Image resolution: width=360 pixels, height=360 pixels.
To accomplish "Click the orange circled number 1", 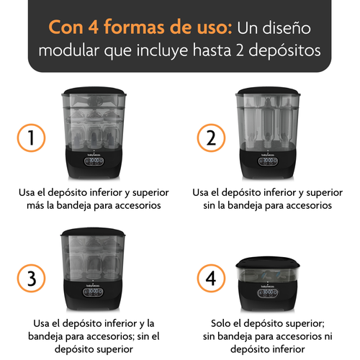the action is pyautogui.click(x=31, y=138).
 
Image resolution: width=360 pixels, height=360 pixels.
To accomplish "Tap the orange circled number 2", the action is pyautogui.click(x=211, y=138).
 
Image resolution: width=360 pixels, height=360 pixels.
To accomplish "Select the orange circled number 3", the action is pyautogui.click(x=31, y=279).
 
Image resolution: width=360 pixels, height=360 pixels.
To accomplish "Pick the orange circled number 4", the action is pyautogui.click(x=211, y=279).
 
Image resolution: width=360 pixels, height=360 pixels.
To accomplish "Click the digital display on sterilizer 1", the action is pyautogui.click(x=94, y=161).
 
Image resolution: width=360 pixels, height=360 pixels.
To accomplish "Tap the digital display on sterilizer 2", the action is pyautogui.click(x=268, y=161).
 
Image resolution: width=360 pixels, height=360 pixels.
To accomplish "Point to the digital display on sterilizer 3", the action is pyautogui.click(x=93, y=292).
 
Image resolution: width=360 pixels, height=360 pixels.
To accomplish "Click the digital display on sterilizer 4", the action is pyautogui.click(x=268, y=293).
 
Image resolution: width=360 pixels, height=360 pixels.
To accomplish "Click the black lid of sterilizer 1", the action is pyautogui.click(x=94, y=91).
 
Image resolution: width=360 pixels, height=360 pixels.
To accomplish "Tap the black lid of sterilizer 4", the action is pyautogui.click(x=268, y=262).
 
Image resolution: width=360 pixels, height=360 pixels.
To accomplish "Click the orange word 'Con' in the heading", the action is pyautogui.click(x=66, y=27).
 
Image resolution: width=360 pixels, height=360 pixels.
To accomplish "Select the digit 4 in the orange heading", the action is pyautogui.click(x=94, y=27).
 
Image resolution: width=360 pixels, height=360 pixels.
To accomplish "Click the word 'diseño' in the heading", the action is pyautogui.click(x=287, y=27).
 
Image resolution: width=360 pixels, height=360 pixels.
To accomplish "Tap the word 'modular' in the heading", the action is pyautogui.click(x=69, y=50).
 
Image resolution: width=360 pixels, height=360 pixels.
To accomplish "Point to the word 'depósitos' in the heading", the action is pyautogui.click(x=284, y=51).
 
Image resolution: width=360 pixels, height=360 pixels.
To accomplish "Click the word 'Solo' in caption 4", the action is pyautogui.click(x=221, y=323).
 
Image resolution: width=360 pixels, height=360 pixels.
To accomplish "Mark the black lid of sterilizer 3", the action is pyautogui.click(x=93, y=232).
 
